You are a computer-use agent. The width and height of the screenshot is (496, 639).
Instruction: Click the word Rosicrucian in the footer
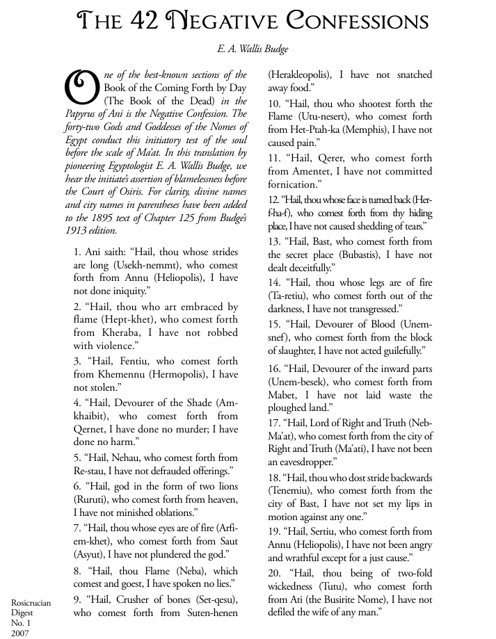tap(31, 604)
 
